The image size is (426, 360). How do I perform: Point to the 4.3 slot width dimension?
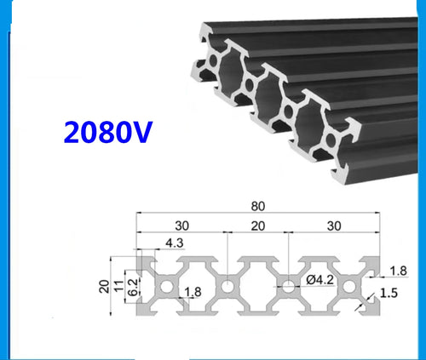pos(174,243)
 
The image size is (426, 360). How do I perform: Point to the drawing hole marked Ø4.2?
pos(291,286)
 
